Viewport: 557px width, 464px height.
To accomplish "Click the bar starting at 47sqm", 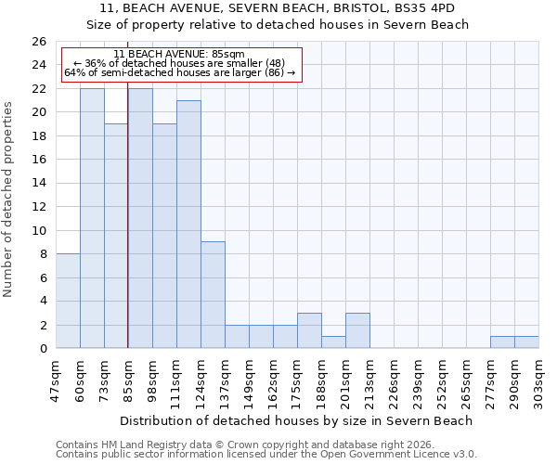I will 68,301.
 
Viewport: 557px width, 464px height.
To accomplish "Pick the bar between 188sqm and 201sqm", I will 333,342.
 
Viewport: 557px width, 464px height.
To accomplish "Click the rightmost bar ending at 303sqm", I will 526,342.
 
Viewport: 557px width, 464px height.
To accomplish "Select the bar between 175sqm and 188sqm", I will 309,330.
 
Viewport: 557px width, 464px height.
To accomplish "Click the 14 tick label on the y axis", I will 38,184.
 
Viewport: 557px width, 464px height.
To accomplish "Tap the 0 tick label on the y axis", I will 42,349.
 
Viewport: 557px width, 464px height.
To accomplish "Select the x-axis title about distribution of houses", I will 296,420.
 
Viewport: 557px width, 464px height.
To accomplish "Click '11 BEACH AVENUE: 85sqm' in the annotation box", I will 182,55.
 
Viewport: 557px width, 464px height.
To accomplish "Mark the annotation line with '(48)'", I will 182,63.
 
